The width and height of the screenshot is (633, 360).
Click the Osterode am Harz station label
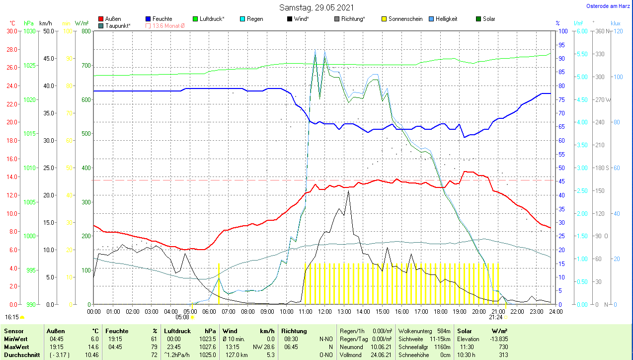608,6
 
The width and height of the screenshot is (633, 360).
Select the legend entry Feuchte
162,19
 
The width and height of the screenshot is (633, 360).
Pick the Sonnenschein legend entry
405,19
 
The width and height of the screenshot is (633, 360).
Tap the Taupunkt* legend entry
118,25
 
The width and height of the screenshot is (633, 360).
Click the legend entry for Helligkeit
446,19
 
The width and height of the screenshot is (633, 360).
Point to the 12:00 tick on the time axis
325,312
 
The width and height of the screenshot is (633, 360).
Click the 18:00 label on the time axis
440,312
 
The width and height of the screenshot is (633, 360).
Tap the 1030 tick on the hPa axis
29,31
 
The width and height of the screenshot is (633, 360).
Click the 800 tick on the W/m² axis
86,31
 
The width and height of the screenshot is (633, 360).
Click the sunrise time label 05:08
182,317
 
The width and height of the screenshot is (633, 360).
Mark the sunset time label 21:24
495,317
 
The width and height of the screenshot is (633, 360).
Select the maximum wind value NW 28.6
264,347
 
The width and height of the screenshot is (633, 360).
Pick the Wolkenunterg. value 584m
444,331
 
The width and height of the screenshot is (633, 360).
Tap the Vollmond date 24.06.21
382,355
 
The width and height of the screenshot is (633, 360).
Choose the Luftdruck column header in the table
177,331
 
